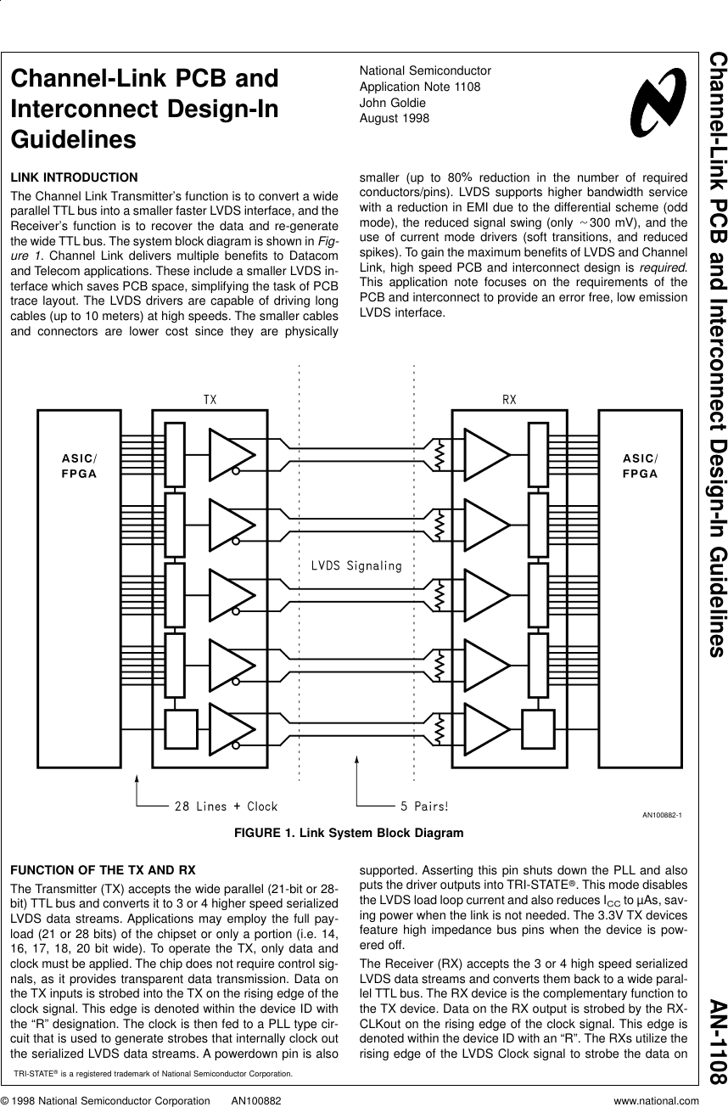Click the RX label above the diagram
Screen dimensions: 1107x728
coord(508,399)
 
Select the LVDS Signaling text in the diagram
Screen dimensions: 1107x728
coord(356,565)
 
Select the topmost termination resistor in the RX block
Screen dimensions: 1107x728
coord(440,457)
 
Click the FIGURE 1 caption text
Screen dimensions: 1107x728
coord(349,833)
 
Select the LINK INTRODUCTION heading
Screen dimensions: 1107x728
coord(74,177)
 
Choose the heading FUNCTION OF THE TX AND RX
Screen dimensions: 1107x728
coord(103,871)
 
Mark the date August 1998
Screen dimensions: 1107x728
coord(395,118)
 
